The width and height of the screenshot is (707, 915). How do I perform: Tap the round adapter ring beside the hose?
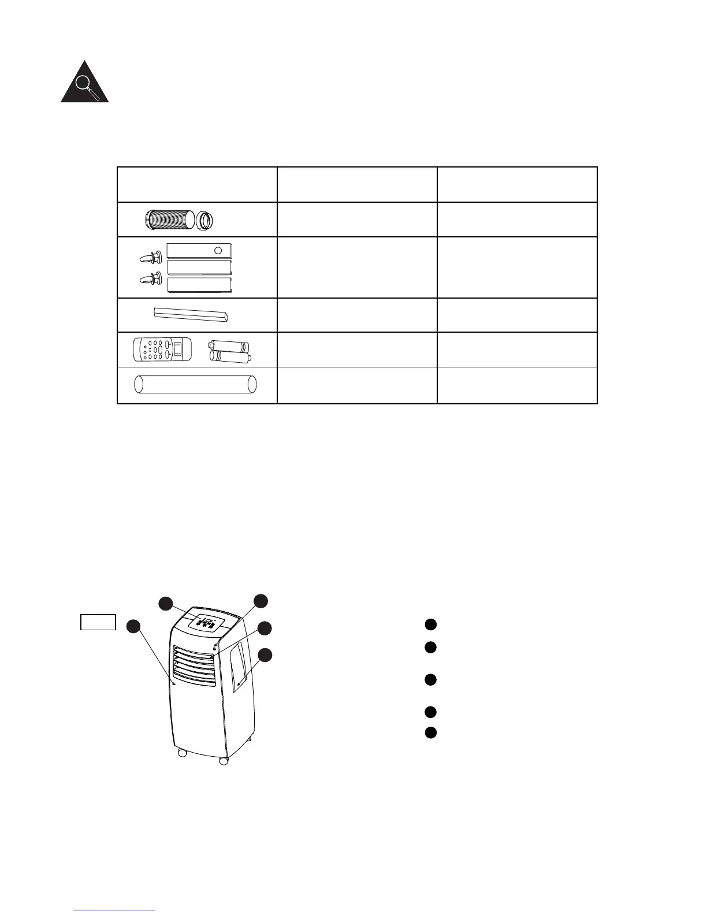coord(206,221)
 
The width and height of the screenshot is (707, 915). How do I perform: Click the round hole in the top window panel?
coord(218,251)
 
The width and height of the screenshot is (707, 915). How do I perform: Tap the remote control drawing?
coord(157,350)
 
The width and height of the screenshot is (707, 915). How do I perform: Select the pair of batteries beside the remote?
coord(230,351)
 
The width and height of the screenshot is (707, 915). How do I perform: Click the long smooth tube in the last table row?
coord(195,384)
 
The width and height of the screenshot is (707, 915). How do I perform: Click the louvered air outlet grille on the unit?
coord(195,666)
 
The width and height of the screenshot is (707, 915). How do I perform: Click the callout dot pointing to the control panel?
coord(166,603)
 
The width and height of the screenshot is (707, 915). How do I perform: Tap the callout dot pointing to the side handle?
coord(265,654)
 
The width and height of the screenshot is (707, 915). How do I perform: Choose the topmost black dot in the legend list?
coord(430,624)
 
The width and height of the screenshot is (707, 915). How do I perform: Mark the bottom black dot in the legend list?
coord(430,732)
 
